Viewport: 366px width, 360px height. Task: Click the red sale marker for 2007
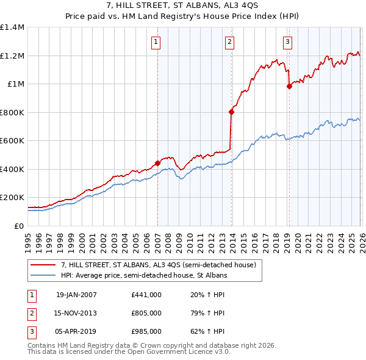tap(157, 163)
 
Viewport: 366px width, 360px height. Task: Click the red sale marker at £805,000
tap(231, 112)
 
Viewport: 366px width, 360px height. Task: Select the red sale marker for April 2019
tap(289, 86)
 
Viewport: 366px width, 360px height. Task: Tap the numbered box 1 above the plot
tap(157, 42)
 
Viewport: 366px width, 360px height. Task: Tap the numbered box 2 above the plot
tap(229, 42)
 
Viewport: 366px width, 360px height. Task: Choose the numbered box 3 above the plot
tap(287, 42)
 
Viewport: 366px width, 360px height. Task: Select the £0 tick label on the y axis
tap(20, 226)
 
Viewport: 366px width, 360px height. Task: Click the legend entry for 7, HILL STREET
tap(162, 265)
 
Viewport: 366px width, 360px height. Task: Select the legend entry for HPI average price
tap(143, 276)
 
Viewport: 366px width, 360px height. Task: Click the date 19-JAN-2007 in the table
tap(76, 295)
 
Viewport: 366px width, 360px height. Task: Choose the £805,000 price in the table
tap(146, 313)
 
